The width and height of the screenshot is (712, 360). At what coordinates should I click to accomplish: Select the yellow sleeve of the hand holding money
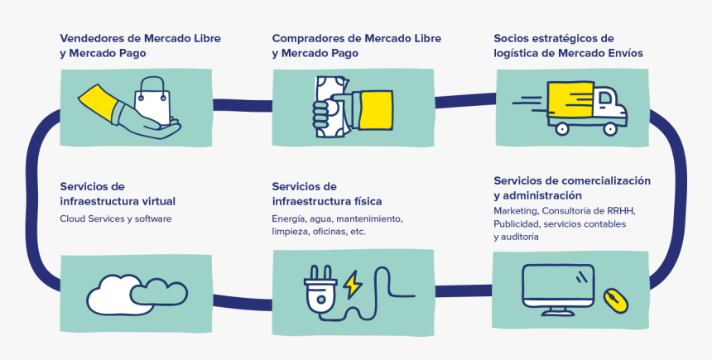coord(375,108)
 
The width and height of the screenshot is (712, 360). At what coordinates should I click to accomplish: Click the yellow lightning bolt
coord(353,285)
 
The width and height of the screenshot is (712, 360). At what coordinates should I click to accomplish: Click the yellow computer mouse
coord(614,300)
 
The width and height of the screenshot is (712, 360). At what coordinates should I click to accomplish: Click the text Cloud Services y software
coord(115,218)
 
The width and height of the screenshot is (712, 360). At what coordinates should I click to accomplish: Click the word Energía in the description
coord(289,218)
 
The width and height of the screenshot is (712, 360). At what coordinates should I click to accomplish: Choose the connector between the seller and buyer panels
coord(242,104)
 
